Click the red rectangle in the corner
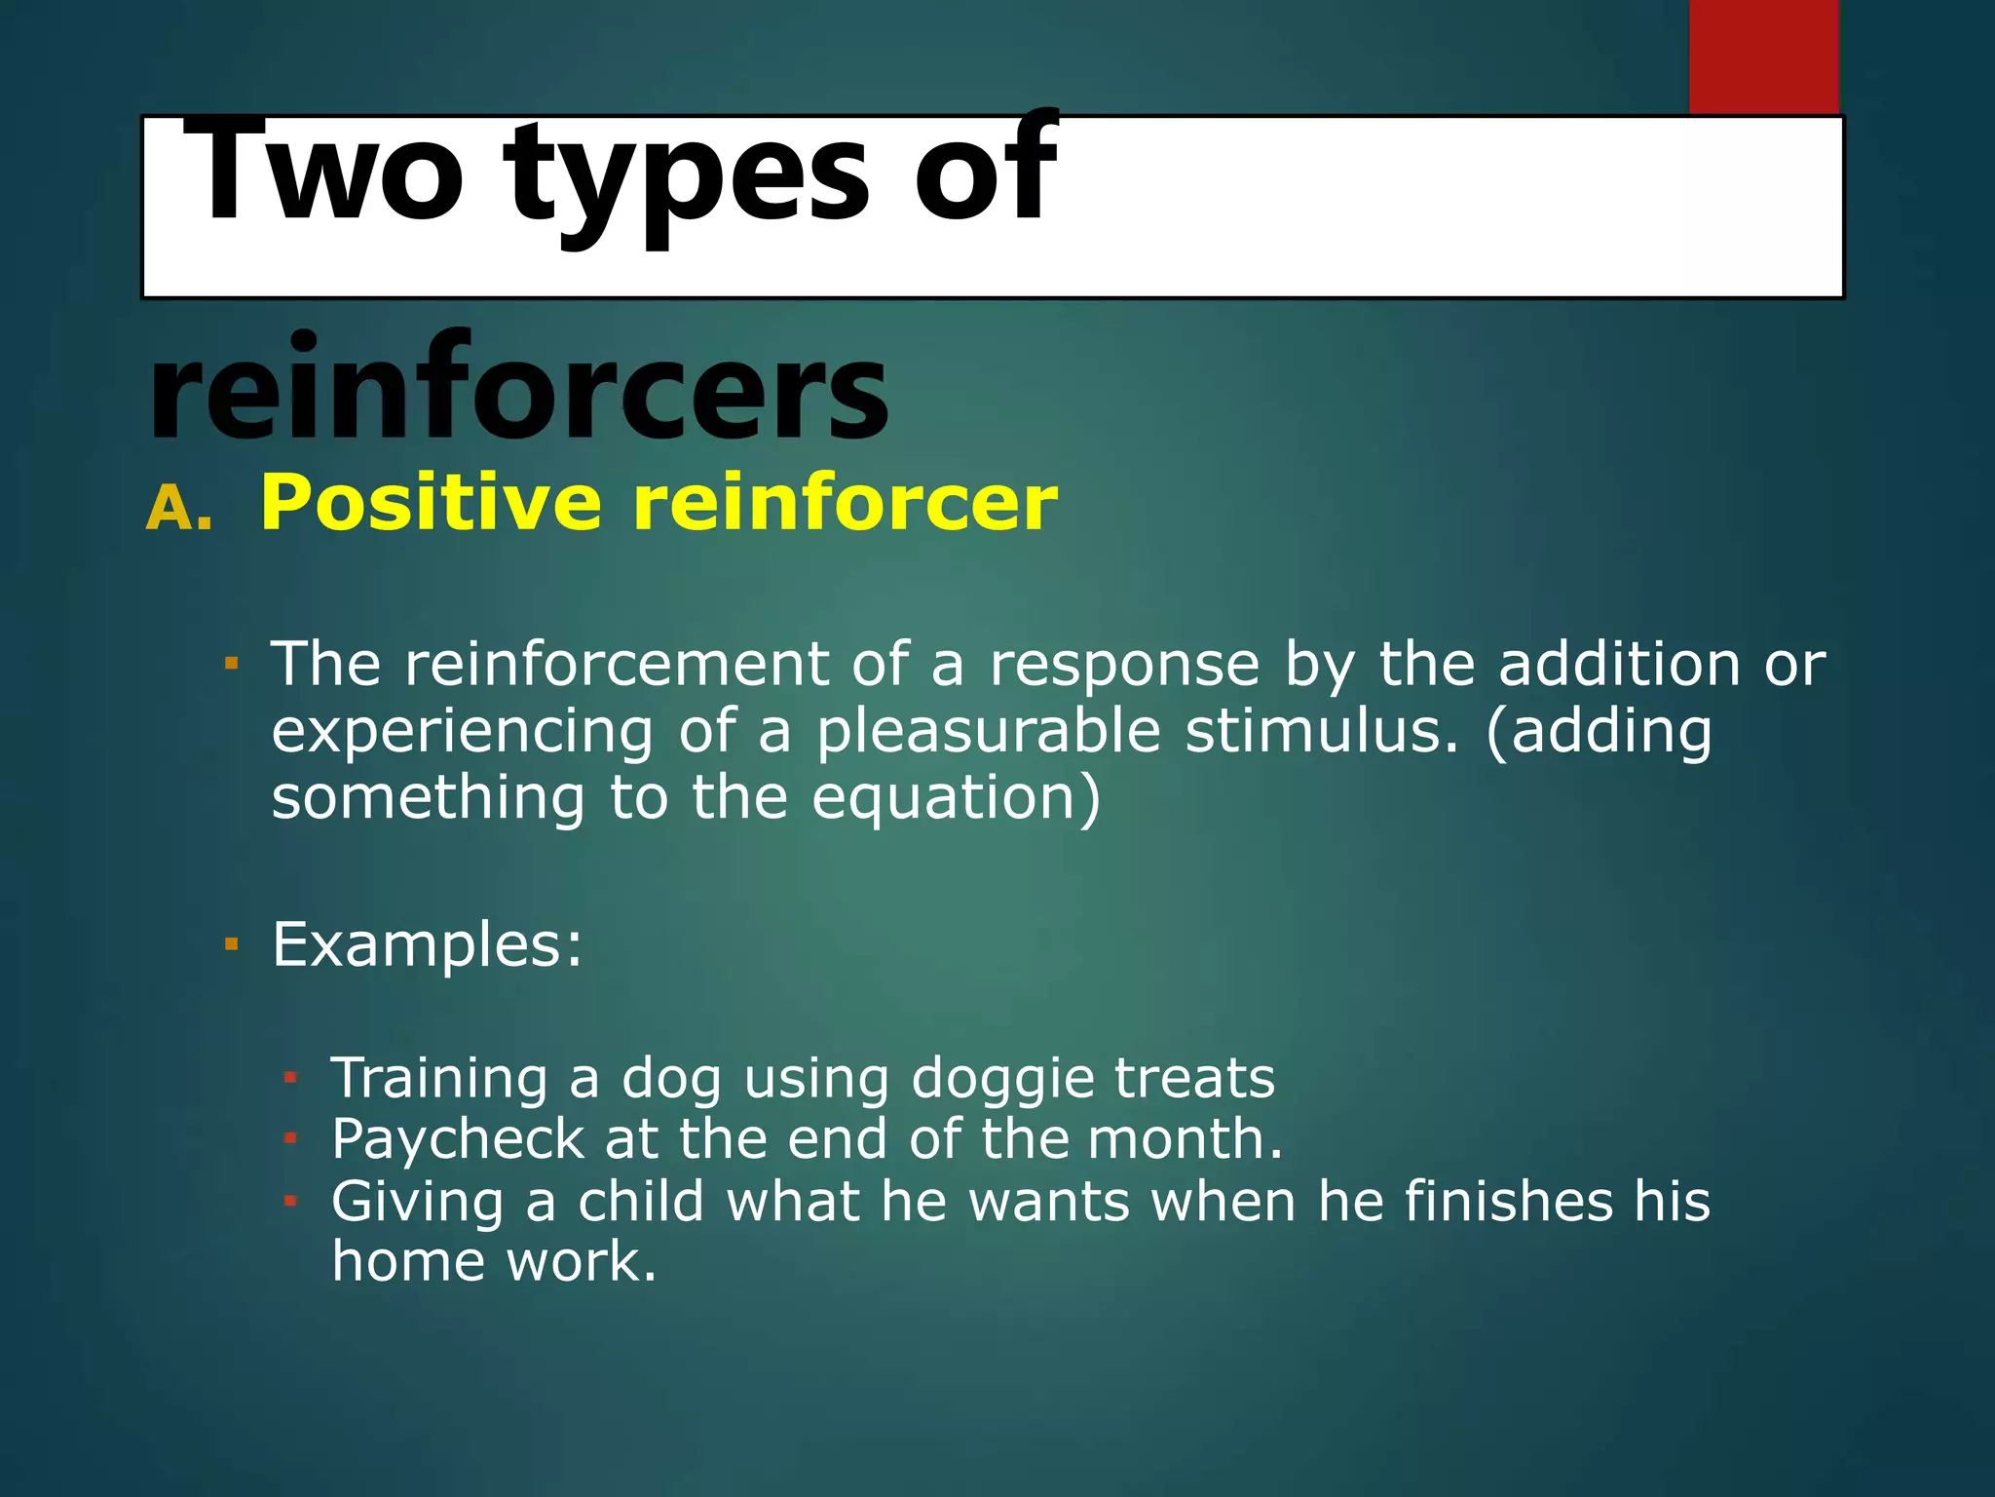(1763, 57)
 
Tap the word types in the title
(687, 180)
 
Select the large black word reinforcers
(518, 388)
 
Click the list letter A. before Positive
(179, 509)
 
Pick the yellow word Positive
(431, 503)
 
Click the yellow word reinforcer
(845, 503)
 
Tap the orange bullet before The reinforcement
(231, 665)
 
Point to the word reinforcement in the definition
(616, 665)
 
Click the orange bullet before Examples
(231, 944)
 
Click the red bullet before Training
(289, 1078)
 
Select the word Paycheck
(458, 1139)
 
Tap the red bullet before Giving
(289, 1201)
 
